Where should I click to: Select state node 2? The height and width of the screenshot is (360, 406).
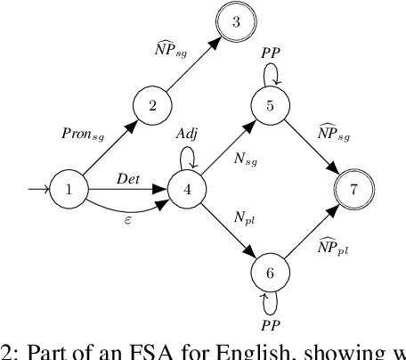[152, 106]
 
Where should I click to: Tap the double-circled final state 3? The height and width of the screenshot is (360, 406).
[235, 23]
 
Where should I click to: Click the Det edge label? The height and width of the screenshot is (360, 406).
[127, 179]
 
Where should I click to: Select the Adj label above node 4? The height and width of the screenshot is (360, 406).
[185, 133]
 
